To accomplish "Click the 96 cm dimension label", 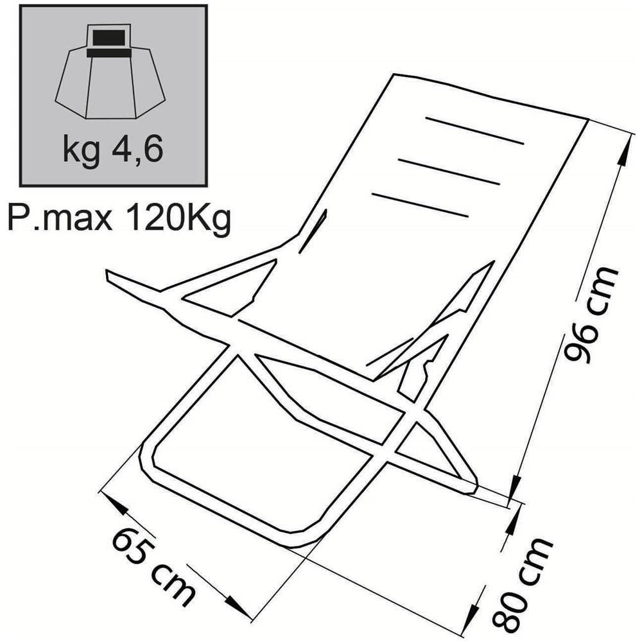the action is coord(590,315).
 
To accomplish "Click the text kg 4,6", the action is coord(113,150).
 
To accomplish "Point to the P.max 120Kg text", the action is coord(119,218).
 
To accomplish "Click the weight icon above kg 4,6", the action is coord(110,72).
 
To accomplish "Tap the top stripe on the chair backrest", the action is coord(475,131).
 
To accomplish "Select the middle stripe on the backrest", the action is coord(449,172).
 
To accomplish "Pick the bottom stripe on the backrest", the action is coord(420,205).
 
